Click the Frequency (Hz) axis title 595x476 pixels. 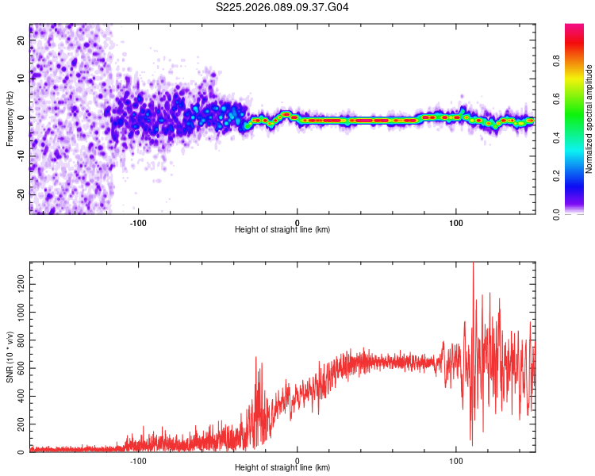tap(10, 119)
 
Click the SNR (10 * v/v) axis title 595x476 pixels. tap(10, 357)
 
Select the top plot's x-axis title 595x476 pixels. tap(282, 229)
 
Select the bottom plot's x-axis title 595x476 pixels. tap(282, 467)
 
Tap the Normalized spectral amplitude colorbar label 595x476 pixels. tap(589, 119)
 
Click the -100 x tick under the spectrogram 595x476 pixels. tap(139, 221)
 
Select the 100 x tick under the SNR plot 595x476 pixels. tap(456, 459)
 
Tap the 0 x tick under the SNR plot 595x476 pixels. tap(297, 459)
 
